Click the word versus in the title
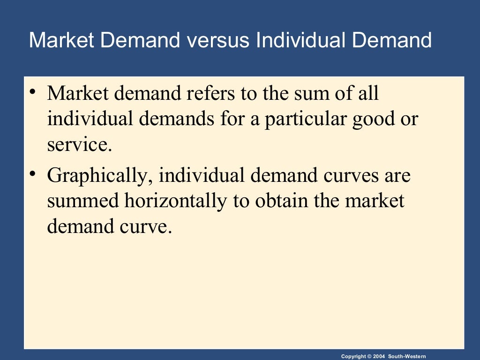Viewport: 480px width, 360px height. (217, 40)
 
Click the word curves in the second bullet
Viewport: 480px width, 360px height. (349, 176)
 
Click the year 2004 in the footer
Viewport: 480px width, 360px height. (379, 357)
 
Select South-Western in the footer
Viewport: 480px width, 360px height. (407, 357)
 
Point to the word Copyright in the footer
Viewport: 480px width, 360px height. (354, 357)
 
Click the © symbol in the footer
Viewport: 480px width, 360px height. (370, 357)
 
